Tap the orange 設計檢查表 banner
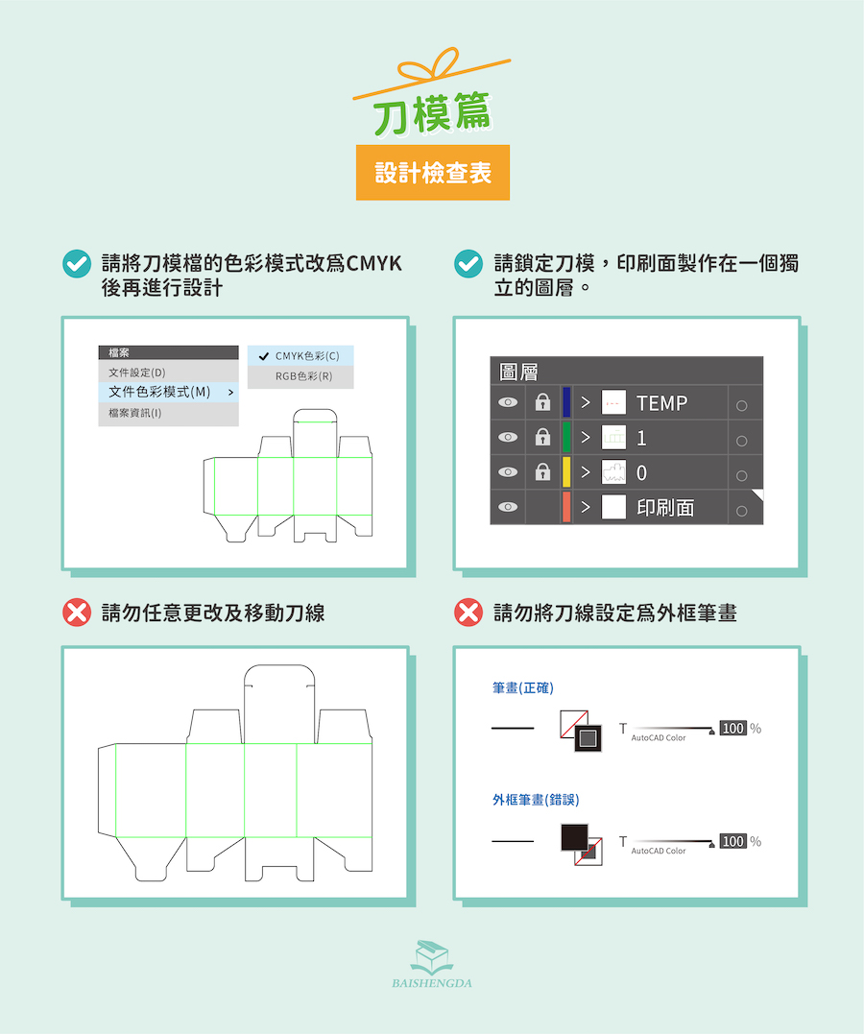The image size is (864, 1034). tap(433, 173)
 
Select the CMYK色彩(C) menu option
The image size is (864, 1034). tap(300, 356)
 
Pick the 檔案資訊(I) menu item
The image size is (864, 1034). tap(135, 413)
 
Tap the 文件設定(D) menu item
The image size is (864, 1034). tap(137, 373)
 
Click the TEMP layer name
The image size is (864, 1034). tap(661, 403)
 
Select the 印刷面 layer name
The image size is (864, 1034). tap(665, 508)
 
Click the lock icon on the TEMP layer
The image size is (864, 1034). tap(542, 402)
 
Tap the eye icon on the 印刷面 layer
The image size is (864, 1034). tap(507, 507)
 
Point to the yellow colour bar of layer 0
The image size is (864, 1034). tap(565, 472)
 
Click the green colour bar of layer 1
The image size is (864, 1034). tap(565, 437)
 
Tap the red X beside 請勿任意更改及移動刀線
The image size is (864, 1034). tap(77, 613)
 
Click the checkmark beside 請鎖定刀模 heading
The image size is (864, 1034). tap(468, 264)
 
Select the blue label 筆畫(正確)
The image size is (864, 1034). tap(523, 688)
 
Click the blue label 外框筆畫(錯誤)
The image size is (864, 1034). tap(536, 800)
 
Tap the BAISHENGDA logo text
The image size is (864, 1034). tap(432, 983)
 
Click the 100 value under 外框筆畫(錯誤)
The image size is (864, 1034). tap(732, 841)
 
